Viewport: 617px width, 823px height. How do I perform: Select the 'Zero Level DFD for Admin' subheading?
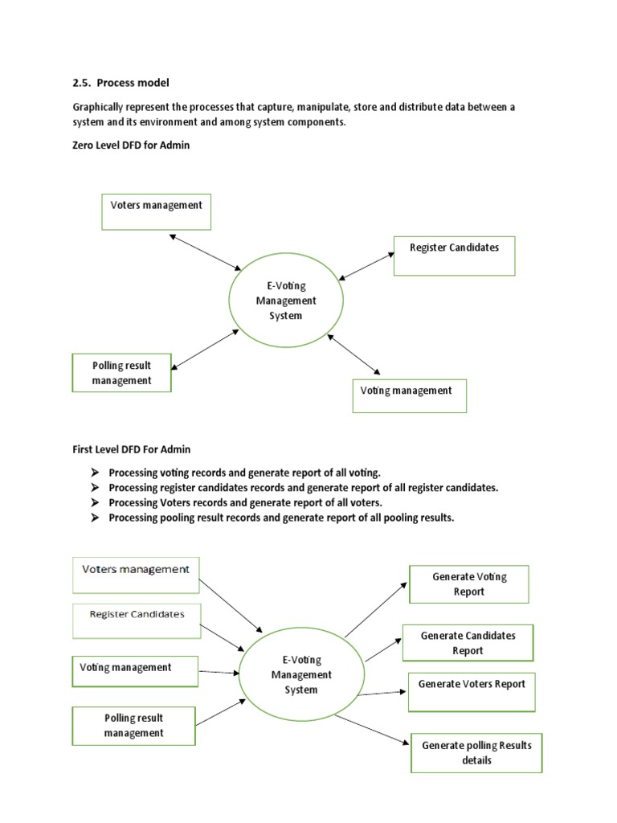tap(131, 145)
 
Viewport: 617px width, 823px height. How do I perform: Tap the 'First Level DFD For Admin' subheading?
tap(132, 449)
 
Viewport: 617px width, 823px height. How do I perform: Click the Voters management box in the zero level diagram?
tap(157, 211)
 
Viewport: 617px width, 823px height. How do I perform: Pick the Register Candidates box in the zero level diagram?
tap(454, 256)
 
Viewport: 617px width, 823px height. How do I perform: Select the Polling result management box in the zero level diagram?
tap(121, 373)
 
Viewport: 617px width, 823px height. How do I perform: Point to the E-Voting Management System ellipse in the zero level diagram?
tap(285, 301)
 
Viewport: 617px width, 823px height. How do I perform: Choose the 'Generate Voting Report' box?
tap(469, 584)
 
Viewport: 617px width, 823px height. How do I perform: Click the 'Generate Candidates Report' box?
tap(468, 643)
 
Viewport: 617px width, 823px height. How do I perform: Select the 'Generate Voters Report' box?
tap(472, 692)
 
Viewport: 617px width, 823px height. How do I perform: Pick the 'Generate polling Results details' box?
tap(476, 752)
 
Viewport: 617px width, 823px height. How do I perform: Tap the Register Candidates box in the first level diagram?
tap(137, 620)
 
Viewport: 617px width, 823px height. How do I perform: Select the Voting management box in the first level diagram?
tap(135, 672)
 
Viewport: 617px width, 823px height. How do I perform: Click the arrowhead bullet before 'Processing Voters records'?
tap(94, 502)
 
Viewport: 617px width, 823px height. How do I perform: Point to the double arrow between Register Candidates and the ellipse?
tap(366, 267)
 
